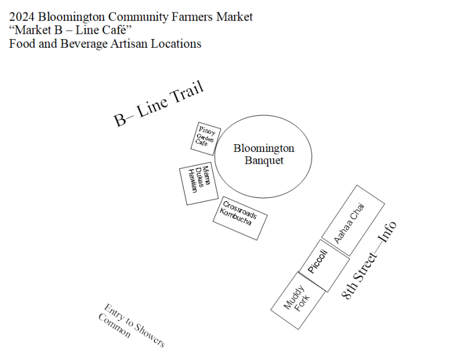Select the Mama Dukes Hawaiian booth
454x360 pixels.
pos(199,184)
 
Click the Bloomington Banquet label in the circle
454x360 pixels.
pos(264,154)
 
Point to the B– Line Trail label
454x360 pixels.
pos(158,104)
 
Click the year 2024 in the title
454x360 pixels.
pos(21,17)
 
